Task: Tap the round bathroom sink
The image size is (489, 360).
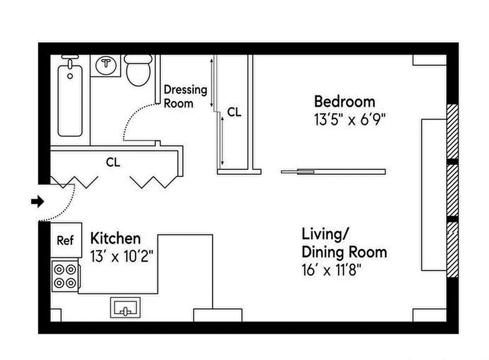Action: pos(106,64)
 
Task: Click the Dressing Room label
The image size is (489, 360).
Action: pos(185,96)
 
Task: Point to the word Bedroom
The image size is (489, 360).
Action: pos(344,101)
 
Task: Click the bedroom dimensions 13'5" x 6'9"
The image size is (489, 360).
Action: pos(350,120)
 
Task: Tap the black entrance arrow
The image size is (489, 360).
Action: pos(37,202)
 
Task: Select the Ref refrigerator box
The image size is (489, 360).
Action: pos(65,240)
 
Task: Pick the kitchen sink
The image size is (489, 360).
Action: pos(125,308)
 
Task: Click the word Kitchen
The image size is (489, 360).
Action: pos(115,238)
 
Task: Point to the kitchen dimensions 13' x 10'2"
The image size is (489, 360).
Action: pos(122,257)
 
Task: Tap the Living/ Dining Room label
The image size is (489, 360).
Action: pos(344,243)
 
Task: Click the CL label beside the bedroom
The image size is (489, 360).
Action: pos(234,112)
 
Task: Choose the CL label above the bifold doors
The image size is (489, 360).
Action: pos(113,162)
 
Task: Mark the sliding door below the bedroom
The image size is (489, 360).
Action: pos(333,171)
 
